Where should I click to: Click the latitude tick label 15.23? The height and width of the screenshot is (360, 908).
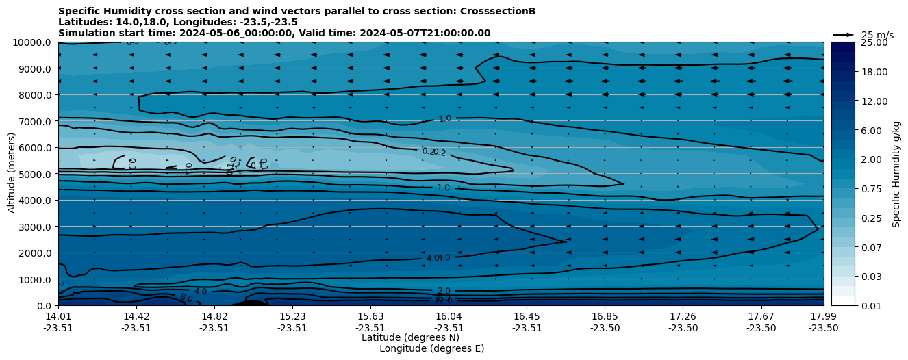coord(292,316)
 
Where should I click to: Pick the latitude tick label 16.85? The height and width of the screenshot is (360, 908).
coord(605,316)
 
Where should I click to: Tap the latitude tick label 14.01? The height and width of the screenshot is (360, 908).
coord(58,316)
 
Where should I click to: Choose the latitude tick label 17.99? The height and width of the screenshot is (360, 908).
coord(823,316)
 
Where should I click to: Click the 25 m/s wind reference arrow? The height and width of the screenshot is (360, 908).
coord(843,35)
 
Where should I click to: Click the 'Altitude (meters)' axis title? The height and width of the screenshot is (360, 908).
coord(12,174)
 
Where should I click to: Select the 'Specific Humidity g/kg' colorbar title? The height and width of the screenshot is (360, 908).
coord(896,174)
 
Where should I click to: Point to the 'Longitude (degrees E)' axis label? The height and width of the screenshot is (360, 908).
coord(431,348)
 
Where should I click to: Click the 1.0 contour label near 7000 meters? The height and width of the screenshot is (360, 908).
coord(444,118)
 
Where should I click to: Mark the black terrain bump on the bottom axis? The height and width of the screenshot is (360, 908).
coord(251,303)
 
